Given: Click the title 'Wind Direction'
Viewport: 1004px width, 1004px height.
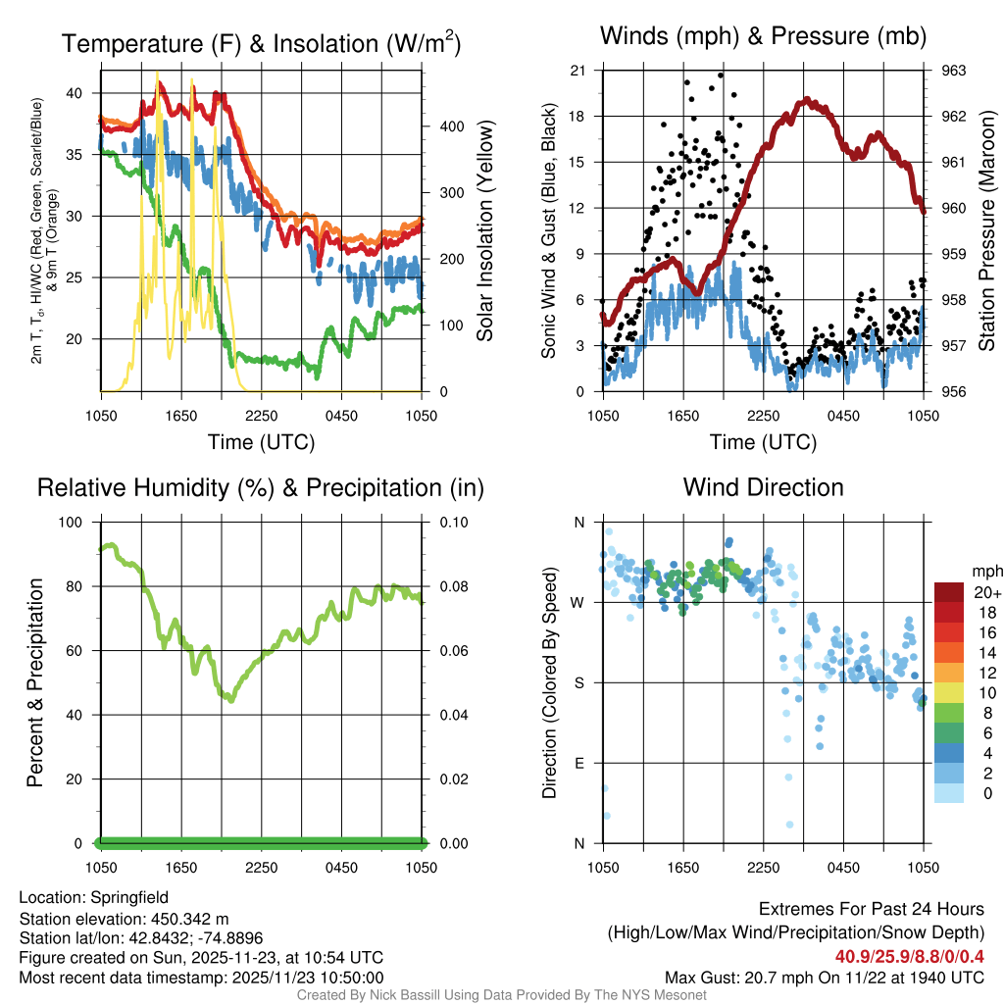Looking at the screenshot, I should pyautogui.click(x=763, y=487).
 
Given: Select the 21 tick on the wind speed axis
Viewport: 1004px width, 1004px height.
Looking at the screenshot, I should pyautogui.click(x=578, y=71).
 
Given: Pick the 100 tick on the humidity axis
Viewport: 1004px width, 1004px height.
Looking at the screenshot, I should pyautogui.click(x=74, y=523).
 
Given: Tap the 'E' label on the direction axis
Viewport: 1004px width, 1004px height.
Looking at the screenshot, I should pyautogui.click(x=579, y=763).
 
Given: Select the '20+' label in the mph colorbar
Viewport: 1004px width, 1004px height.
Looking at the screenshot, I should pyautogui.click(x=987, y=592).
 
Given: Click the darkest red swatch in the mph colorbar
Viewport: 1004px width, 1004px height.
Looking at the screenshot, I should pyautogui.click(x=948, y=592).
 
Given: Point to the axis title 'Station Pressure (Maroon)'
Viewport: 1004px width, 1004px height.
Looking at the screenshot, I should pyautogui.click(x=987, y=230).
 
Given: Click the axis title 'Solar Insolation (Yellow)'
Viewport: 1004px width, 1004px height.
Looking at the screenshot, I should pyautogui.click(x=484, y=230).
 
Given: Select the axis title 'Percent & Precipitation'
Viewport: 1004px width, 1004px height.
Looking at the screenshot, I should pyautogui.click(x=35, y=682).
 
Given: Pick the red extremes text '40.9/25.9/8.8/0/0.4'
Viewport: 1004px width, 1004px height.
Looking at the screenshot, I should pyautogui.click(x=909, y=956).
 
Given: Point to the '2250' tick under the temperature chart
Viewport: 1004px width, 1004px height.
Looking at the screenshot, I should pyautogui.click(x=262, y=415).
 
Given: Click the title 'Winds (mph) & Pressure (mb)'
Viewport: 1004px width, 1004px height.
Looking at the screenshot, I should pyautogui.click(x=764, y=36).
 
